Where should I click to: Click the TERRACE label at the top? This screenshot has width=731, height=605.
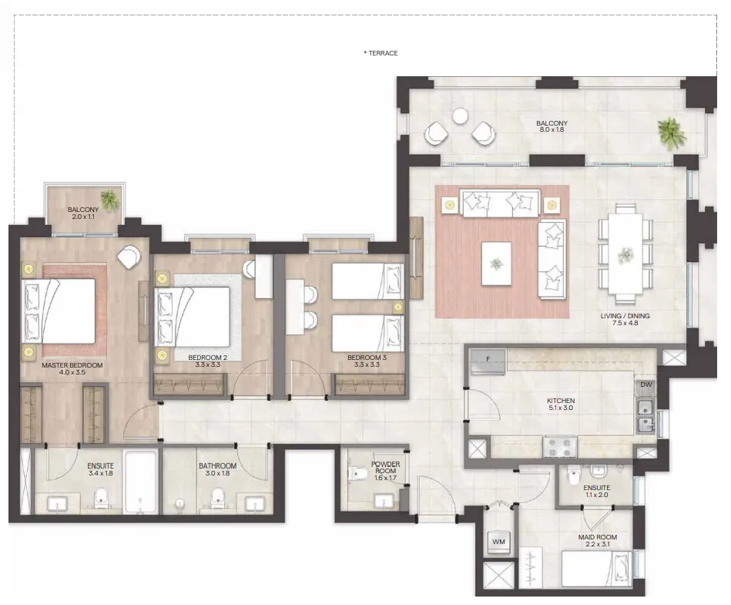(381, 53)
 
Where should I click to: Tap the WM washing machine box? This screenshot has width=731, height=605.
(499, 543)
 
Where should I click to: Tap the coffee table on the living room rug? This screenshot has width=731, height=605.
(496, 262)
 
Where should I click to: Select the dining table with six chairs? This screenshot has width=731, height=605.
(625, 253)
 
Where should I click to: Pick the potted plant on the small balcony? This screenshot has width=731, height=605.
(111, 200)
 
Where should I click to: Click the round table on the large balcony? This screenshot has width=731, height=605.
(460, 116)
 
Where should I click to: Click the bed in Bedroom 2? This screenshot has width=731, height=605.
(193, 317)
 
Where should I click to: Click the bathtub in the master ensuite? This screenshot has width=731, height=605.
(141, 482)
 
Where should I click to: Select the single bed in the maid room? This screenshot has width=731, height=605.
(599, 570)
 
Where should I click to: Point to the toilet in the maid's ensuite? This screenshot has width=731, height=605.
(572, 476)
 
